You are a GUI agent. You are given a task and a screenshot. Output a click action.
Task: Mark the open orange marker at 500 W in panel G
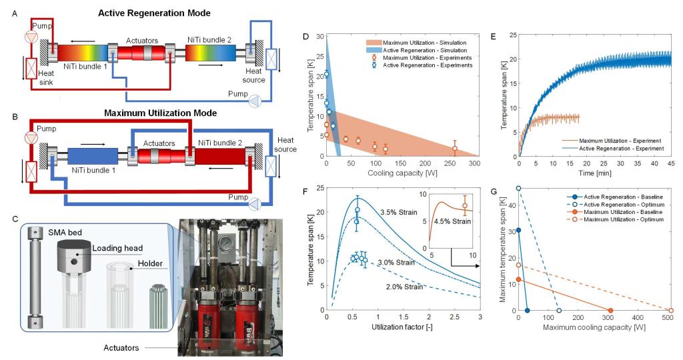(670, 310)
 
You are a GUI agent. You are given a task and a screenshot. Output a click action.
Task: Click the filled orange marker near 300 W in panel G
(610, 310)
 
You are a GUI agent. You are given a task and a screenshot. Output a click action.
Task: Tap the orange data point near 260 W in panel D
(455, 148)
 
